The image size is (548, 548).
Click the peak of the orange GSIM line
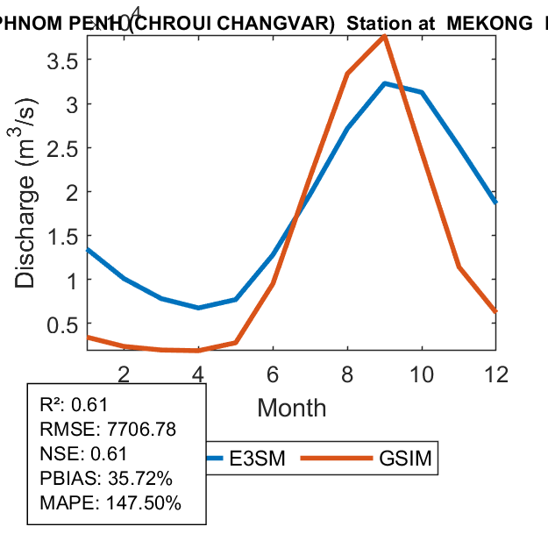384,36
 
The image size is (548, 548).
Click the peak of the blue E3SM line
385,83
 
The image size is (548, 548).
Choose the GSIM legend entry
408,459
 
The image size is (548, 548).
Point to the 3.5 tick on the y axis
62,60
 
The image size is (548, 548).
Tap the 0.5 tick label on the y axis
62,324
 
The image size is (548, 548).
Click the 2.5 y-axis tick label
62,148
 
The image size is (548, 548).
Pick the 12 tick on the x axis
496,374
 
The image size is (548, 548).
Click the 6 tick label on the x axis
273,374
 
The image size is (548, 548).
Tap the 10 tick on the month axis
422,374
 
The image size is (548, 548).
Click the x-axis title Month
291,408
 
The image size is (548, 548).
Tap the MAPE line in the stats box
110,503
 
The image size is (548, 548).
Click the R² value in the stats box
89,405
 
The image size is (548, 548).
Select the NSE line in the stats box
84,454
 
